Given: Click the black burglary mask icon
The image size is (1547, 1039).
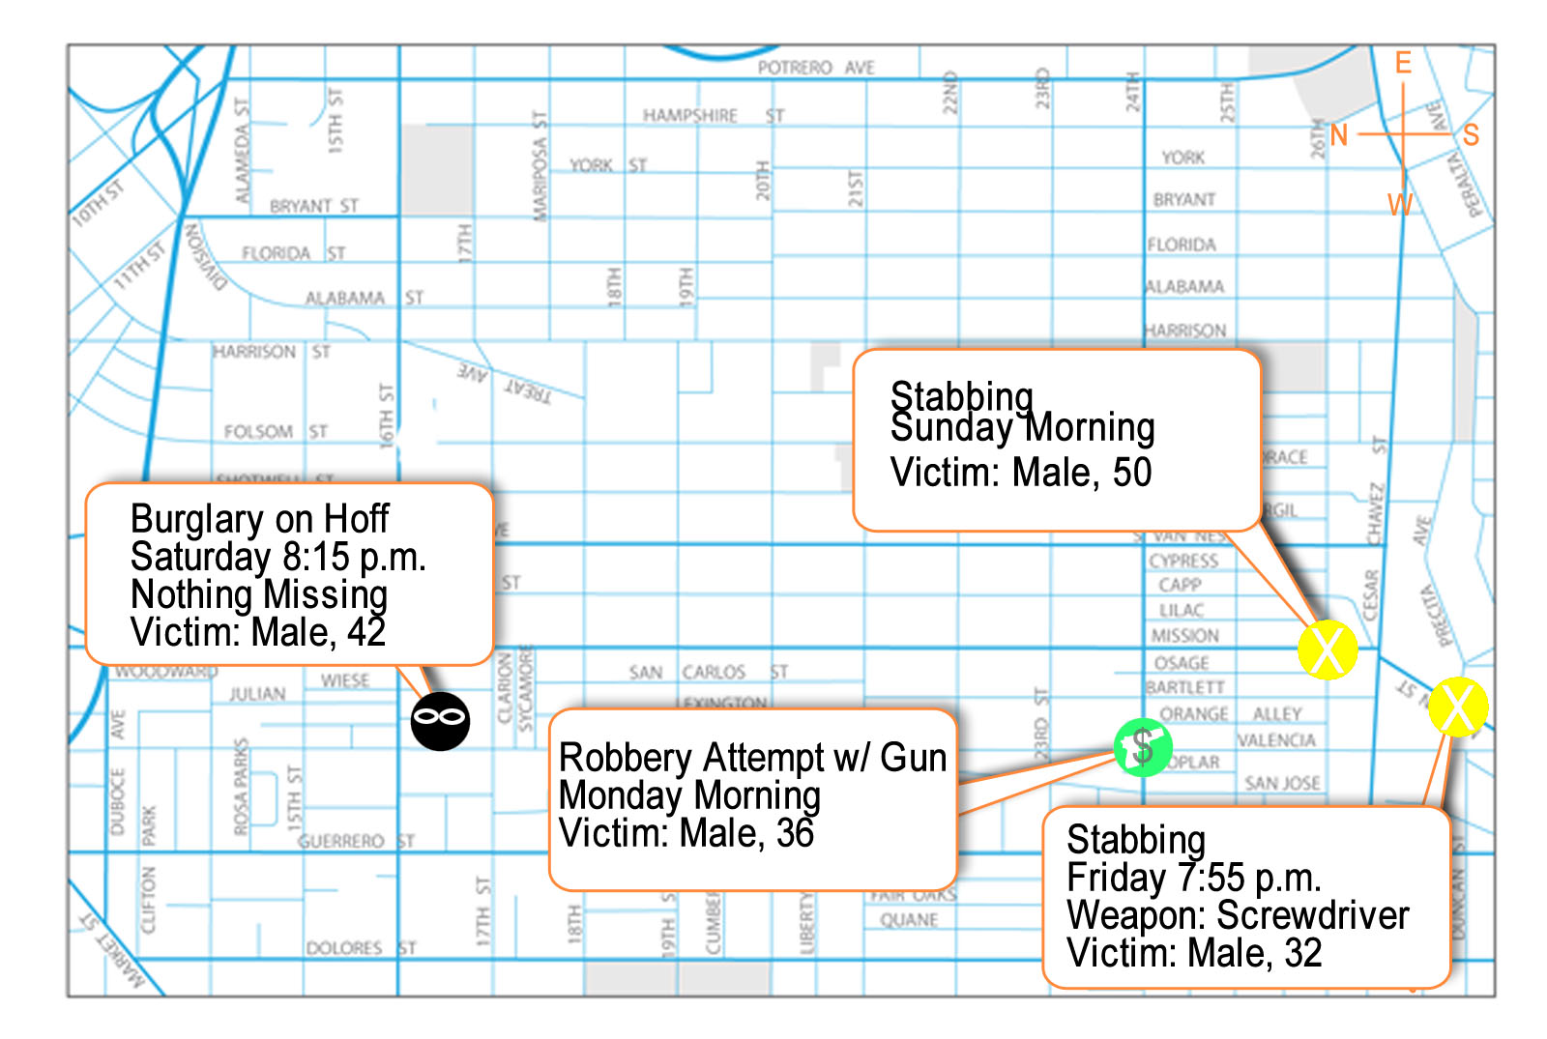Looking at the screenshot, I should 440,720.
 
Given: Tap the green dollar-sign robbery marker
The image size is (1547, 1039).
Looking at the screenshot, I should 1143,747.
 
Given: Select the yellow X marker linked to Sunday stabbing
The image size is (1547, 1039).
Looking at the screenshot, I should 1327,649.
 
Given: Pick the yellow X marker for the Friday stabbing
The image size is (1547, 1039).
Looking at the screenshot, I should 1457,707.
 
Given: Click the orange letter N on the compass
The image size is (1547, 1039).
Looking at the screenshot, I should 1339,135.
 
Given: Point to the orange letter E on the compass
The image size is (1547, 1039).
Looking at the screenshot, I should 1403,64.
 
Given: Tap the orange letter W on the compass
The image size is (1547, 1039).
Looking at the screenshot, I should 1399,205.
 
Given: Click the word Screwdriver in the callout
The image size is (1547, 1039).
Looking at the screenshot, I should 1313,915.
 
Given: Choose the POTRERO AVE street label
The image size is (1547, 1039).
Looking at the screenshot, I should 816,68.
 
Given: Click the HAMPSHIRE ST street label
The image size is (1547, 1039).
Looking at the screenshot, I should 714,116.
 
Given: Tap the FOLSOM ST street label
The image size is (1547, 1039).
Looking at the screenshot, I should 276,431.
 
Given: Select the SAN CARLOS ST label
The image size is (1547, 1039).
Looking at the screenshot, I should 708,672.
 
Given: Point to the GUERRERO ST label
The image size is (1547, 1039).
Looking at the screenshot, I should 356,841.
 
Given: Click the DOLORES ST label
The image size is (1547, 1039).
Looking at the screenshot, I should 361,948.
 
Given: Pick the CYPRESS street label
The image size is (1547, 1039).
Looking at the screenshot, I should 1183,561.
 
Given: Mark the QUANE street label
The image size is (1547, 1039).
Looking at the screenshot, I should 908,920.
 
